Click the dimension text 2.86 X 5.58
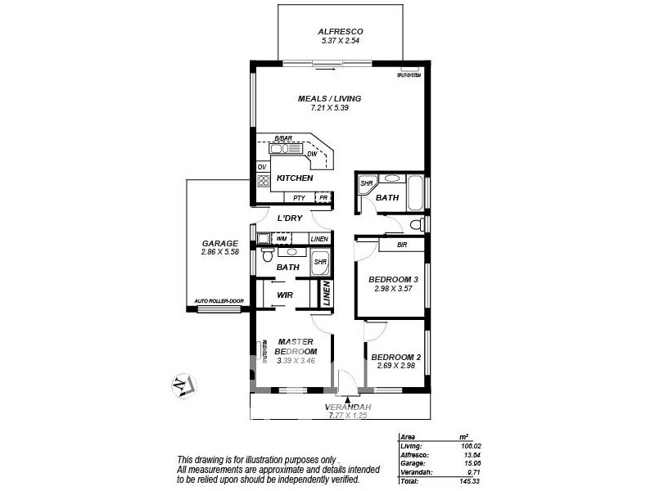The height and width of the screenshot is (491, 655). click(219, 253)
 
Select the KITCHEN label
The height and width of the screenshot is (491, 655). click(294, 178)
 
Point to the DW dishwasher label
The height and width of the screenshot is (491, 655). click(312, 154)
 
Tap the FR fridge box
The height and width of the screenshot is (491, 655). click(323, 198)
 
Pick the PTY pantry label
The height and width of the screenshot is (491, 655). click(299, 198)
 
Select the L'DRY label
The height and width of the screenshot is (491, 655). click(290, 218)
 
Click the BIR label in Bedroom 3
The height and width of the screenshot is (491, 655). click(401, 244)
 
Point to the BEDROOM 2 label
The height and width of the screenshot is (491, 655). click(395, 357)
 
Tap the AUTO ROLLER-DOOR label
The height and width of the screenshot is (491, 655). click(219, 302)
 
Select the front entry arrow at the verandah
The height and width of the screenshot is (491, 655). click(348, 399)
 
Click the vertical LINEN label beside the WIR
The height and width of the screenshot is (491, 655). click(326, 294)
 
